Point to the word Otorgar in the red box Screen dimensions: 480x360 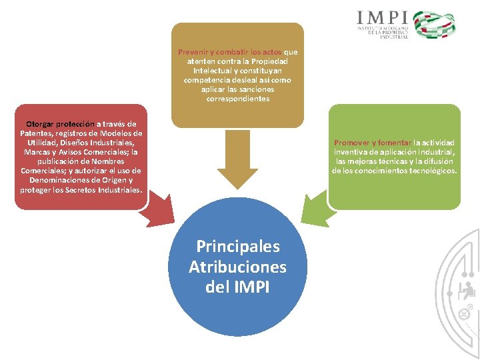pyautogui.click(x=40, y=123)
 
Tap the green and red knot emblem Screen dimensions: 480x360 pyautogui.click(x=434, y=24)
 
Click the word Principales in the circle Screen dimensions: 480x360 pyautogui.click(x=237, y=246)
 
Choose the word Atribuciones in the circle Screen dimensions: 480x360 pyautogui.click(x=237, y=267)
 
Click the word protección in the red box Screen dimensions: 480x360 pyautogui.click(x=75, y=123)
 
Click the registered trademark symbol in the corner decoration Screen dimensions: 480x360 pyautogui.click(x=469, y=307)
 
